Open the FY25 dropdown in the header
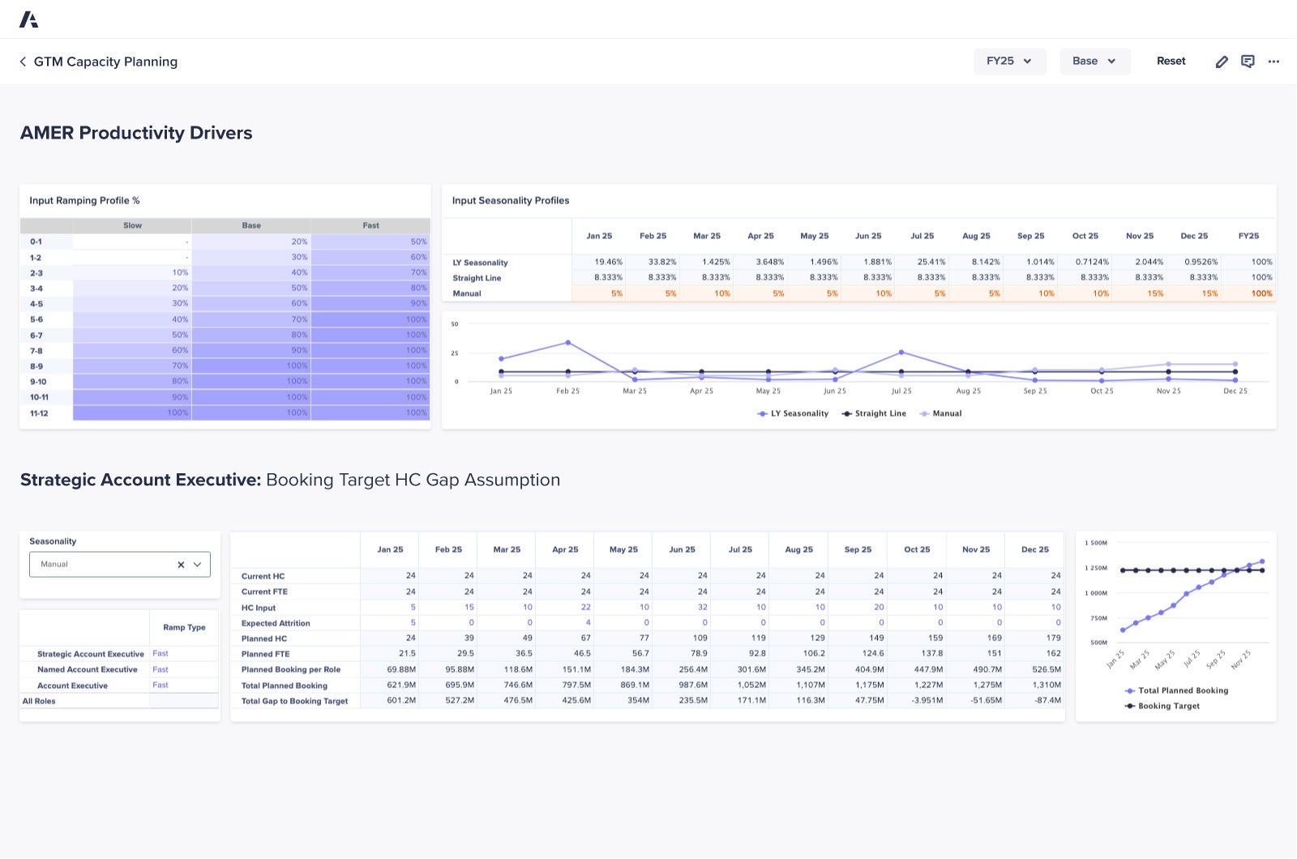(1009, 62)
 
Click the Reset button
(1171, 62)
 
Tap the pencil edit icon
(1222, 62)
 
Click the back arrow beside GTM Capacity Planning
(23, 62)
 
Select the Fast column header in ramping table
(370, 225)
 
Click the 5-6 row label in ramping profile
(36, 320)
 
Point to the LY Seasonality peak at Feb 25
(567, 343)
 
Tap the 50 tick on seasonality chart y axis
(455, 324)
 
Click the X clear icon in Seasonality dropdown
(181, 565)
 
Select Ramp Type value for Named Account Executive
(161, 669)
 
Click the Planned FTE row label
(265, 654)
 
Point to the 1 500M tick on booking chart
(1095, 543)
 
